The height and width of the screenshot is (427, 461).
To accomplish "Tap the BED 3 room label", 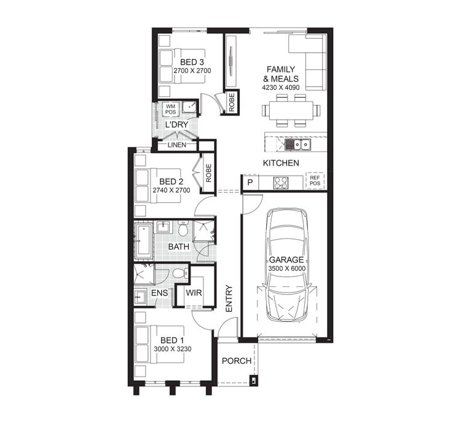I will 192,63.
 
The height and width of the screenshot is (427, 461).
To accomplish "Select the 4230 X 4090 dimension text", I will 282,88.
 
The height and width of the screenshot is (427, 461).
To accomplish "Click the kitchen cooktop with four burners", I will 282,182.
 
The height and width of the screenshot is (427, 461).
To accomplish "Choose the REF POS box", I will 315,181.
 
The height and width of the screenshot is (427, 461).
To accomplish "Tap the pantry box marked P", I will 250,182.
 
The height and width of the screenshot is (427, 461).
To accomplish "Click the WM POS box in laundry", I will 170,109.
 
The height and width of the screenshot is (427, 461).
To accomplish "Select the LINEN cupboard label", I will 176,146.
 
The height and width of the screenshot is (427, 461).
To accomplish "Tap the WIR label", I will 194,294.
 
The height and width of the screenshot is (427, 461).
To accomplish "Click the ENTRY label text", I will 229,298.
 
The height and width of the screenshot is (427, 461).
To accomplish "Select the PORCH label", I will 236,361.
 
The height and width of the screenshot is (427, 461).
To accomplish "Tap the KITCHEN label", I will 281,163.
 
